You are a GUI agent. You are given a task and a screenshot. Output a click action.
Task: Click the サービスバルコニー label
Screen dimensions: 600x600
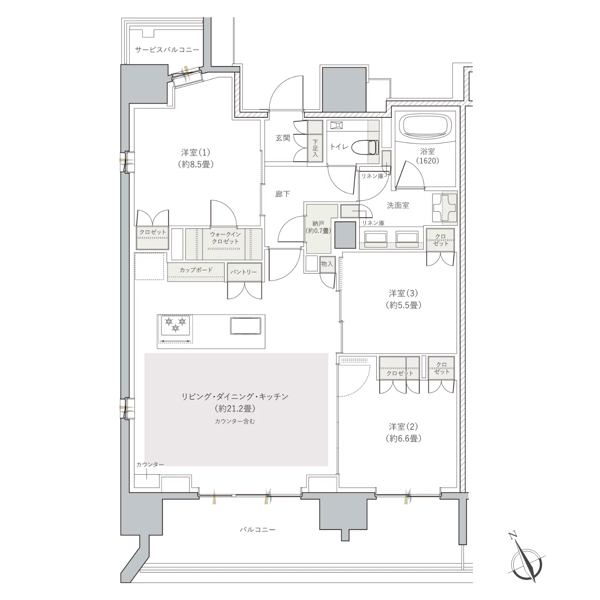coord(167,49)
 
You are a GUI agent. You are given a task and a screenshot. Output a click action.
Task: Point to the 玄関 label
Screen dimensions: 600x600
coord(283,138)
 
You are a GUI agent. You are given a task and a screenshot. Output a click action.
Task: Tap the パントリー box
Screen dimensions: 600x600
coord(244,272)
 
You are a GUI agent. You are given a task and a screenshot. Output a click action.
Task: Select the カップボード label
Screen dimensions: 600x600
coord(196,270)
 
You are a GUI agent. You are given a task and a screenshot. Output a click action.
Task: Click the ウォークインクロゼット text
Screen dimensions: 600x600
coord(225,238)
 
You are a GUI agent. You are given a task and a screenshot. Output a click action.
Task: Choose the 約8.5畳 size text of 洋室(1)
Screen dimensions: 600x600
coord(196,165)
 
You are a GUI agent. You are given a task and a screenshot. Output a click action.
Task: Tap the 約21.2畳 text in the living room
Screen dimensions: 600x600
coord(235,408)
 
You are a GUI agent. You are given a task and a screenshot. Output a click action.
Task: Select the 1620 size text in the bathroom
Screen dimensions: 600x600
coord(428,160)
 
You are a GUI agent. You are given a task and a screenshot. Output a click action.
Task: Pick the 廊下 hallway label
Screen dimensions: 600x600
coord(283,194)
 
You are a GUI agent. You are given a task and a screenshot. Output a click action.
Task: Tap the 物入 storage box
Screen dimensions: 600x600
coord(327,264)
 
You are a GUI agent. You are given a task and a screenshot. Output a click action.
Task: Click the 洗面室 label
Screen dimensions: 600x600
coord(398,205)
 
